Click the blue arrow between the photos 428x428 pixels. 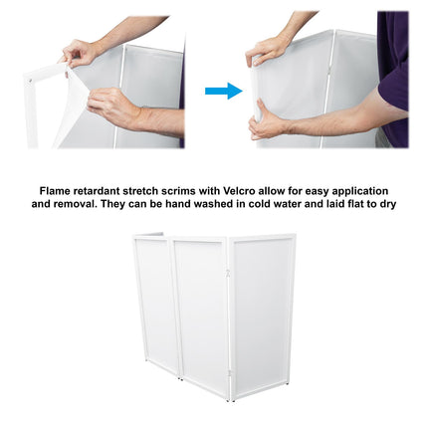click(224, 91)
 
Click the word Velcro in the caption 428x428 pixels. click(240, 191)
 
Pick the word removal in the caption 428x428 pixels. click(75, 204)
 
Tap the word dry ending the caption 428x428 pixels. click(388, 204)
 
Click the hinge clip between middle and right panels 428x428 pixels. click(228, 274)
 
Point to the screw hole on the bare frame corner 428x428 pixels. click(30, 80)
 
